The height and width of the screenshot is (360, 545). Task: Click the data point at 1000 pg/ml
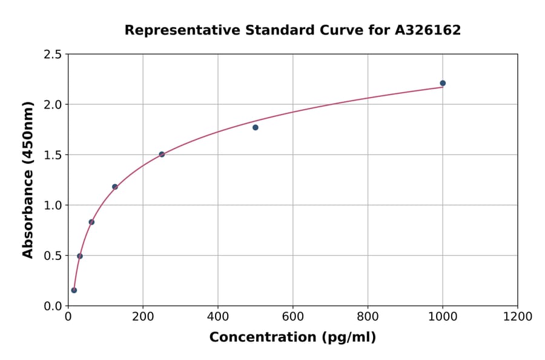coord(443,83)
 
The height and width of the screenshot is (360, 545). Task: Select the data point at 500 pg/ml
coord(256,127)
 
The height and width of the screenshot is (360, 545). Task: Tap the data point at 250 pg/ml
coord(162,155)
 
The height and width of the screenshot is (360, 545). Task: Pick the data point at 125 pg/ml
coord(115,187)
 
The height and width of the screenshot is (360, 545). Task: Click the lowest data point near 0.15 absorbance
coord(74,290)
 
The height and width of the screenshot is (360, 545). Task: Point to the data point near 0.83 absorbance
coord(91,222)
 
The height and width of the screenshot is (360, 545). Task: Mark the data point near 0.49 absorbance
coord(80,256)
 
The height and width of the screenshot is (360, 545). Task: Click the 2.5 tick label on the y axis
coord(52,55)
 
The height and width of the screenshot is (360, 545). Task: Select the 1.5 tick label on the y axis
coord(52,155)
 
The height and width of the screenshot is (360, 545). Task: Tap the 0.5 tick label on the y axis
coord(52,256)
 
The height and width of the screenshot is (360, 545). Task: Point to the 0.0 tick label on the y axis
coord(52,306)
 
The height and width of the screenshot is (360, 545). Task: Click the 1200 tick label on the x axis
coord(517,317)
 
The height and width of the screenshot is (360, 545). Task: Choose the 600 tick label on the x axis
coord(292,317)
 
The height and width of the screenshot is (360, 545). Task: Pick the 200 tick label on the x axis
coord(143,317)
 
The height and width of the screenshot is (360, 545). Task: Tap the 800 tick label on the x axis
coord(368,317)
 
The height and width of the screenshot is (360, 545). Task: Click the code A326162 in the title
coord(428,30)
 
